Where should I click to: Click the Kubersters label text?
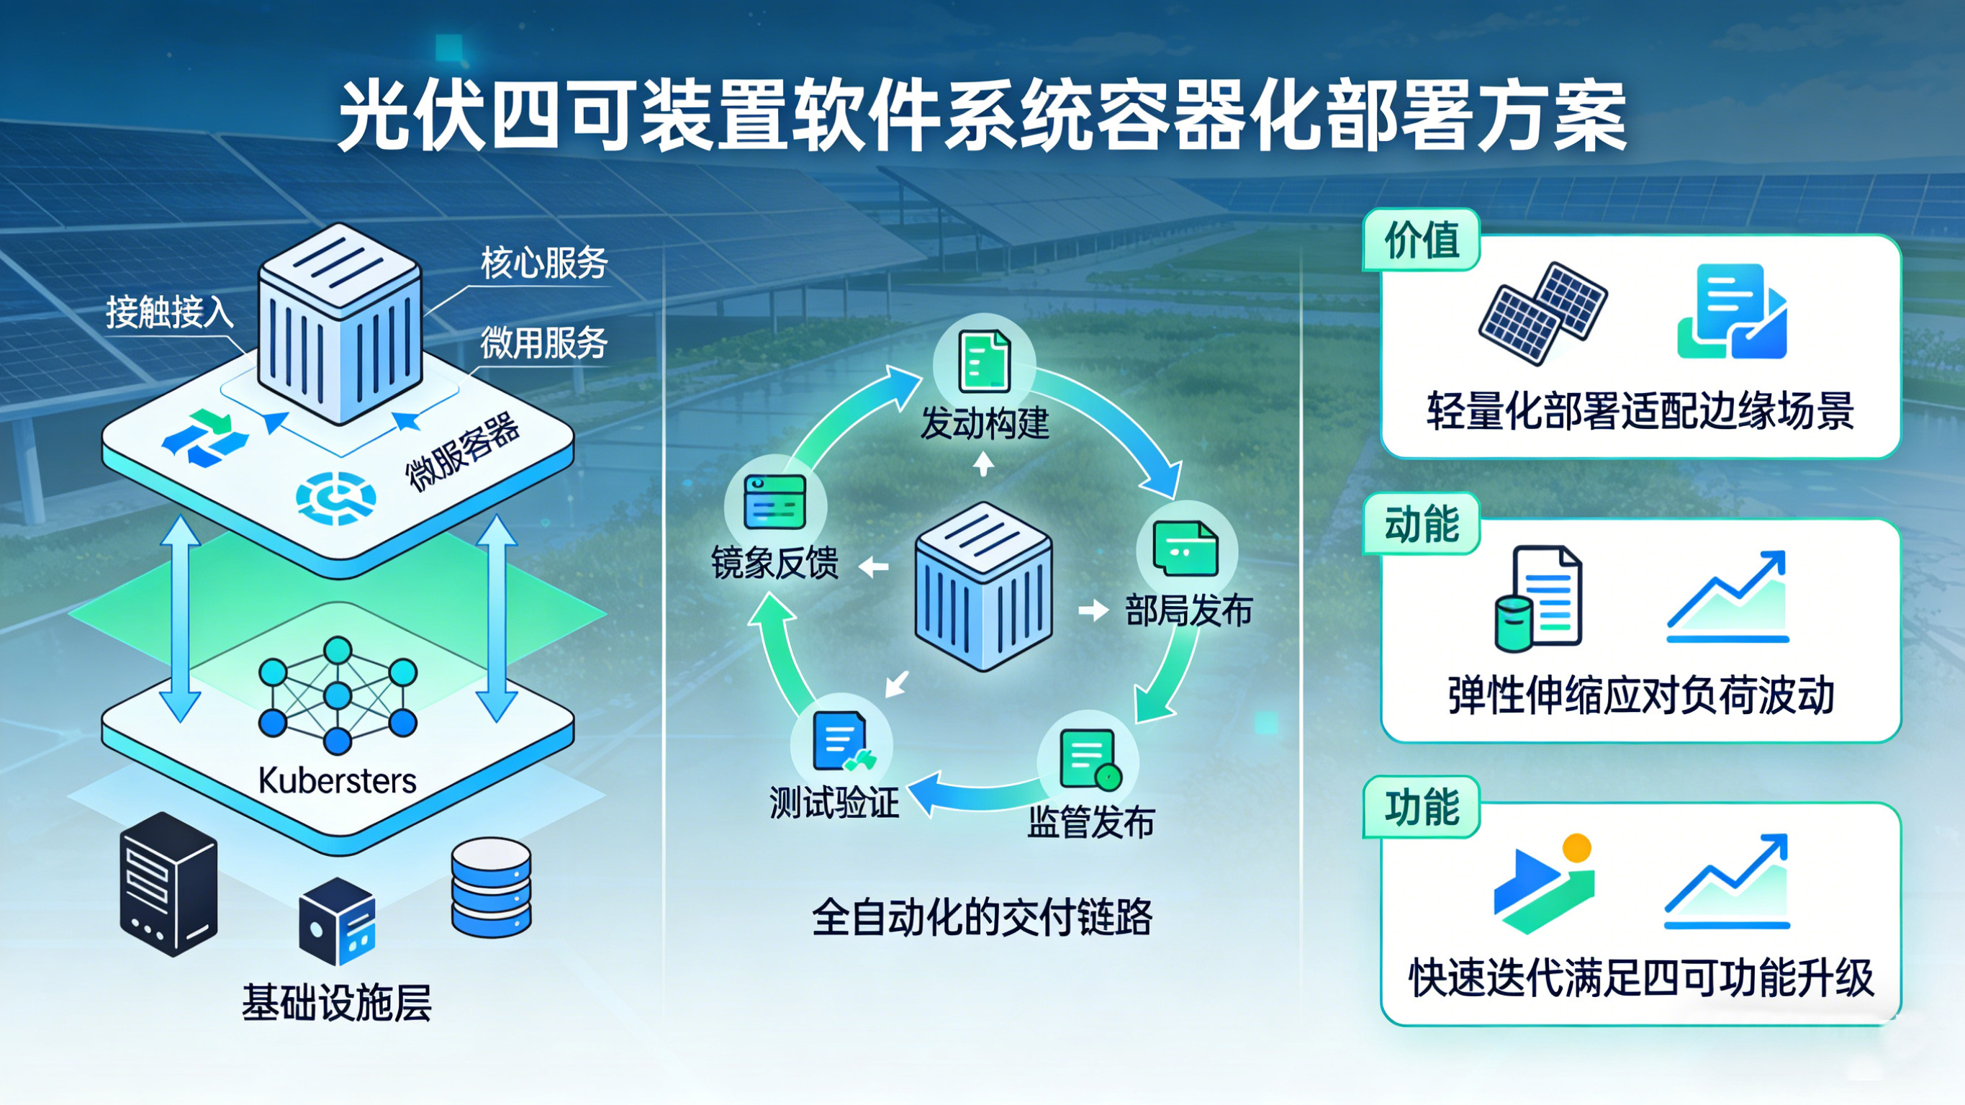click(x=337, y=780)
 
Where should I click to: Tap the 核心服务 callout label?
click(x=544, y=263)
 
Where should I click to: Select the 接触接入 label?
click(x=168, y=312)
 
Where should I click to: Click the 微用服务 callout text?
click(x=544, y=342)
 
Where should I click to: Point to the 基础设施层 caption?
click(x=336, y=1002)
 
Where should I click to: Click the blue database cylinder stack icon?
click(x=490, y=887)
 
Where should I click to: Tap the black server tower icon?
click(x=168, y=883)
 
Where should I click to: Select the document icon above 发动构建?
click(x=984, y=361)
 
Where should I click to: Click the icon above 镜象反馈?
click(x=774, y=500)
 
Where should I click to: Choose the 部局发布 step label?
click(x=1188, y=610)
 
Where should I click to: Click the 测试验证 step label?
click(x=834, y=803)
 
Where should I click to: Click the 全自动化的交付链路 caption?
click(x=982, y=917)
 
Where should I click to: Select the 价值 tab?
click(x=1421, y=240)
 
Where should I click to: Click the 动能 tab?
click(x=1421, y=524)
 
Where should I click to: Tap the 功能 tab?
click(x=1421, y=808)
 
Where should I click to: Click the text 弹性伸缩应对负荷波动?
click(x=1641, y=695)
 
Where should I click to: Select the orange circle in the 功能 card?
click(x=1576, y=848)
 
